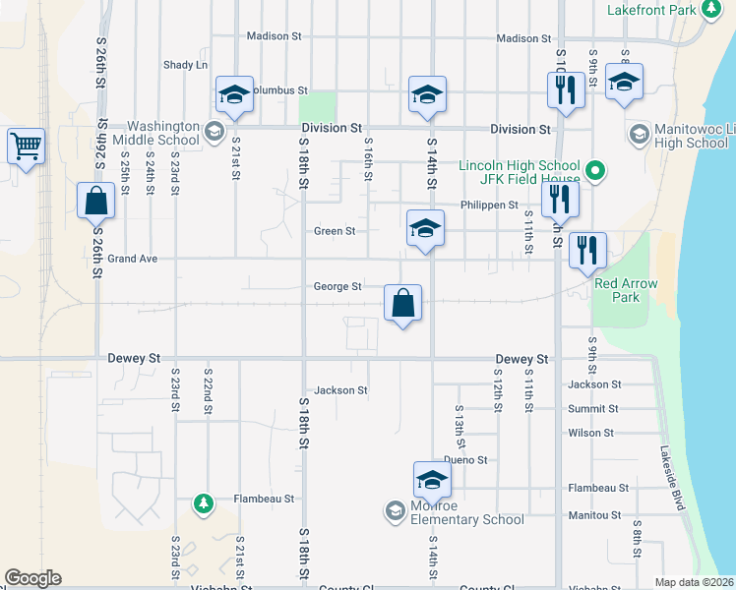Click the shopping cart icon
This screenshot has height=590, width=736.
pos(26,147)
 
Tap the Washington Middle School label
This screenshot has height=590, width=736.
pos(163,133)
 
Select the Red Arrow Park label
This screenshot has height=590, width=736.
pos(617,290)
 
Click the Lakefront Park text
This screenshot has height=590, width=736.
pos(651,10)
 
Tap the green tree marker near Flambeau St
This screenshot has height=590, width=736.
pos(204,503)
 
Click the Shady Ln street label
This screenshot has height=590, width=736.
pos(185,65)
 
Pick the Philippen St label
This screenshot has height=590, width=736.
pos(488,205)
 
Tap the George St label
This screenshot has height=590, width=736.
pos(337,287)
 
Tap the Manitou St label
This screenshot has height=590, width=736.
pos(594,514)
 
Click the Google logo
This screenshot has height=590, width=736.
pos(32,578)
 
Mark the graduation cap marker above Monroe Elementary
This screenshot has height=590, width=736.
pos(431,481)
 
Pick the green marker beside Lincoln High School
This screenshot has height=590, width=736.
pos(594,171)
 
